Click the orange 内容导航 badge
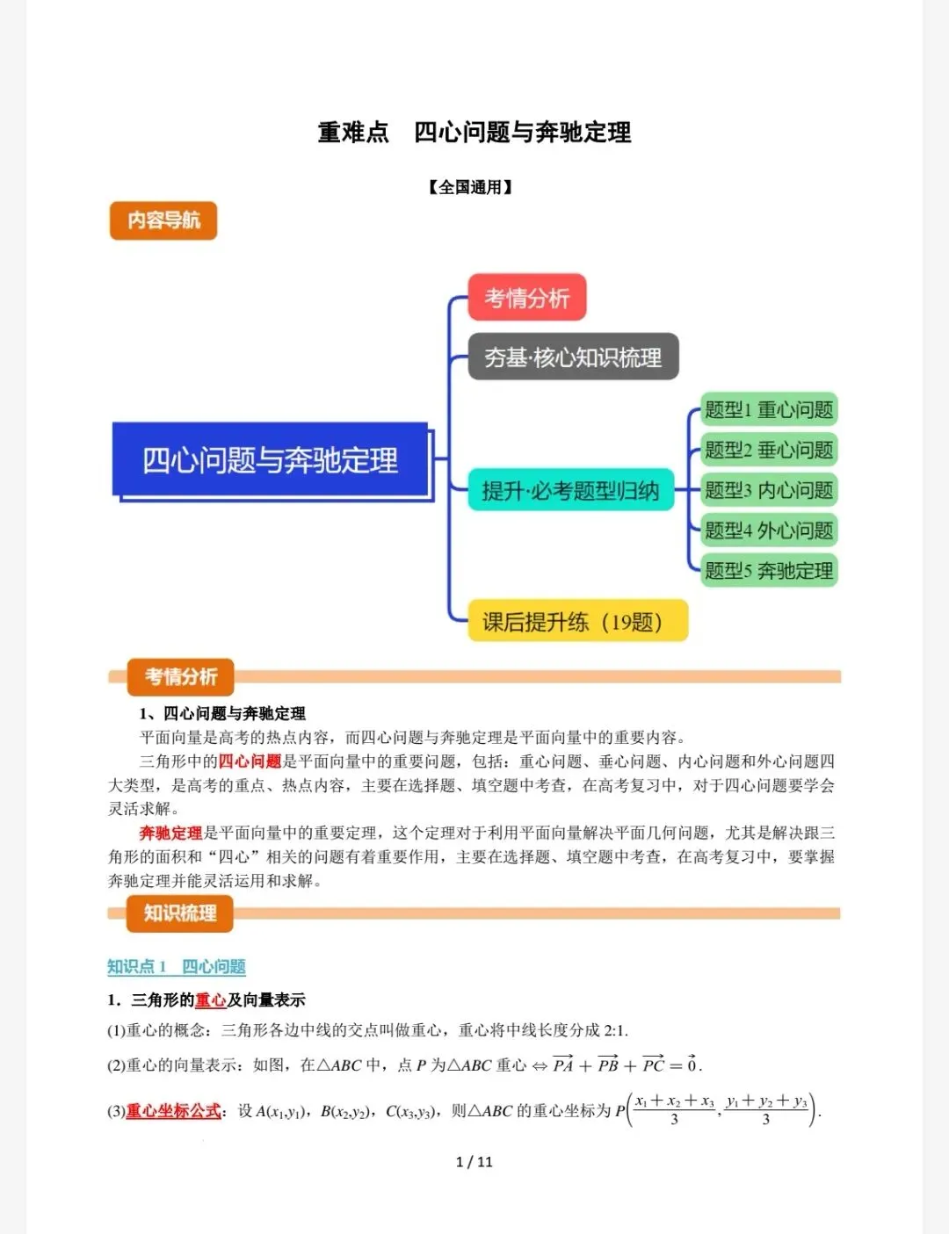[x=163, y=220]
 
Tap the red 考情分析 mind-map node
[x=526, y=298]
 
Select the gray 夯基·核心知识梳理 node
[x=573, y=357]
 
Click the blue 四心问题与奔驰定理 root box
[x=271, y=460]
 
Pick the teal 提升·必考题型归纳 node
[x=570, y=490]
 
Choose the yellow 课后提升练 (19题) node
[x=576, y=622]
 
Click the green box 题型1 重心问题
[x=769, y=409]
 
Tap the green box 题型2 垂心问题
[x=769, y=450]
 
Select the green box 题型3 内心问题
[x=769, y=490]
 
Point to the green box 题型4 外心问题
[x=769, y=530]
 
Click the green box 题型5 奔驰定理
[x=769, y=570]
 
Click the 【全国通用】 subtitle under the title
[x=471, y=187]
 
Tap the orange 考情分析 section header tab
[x=180, y=676]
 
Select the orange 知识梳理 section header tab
[x=180, y=913]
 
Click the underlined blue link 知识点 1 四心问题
[x=177, y=967]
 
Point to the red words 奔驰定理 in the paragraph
[x=170, y=833]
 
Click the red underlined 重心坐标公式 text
[x=173, y=1111]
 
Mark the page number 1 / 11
[x=474, y=1162]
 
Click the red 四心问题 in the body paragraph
[x=250, y=761]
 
